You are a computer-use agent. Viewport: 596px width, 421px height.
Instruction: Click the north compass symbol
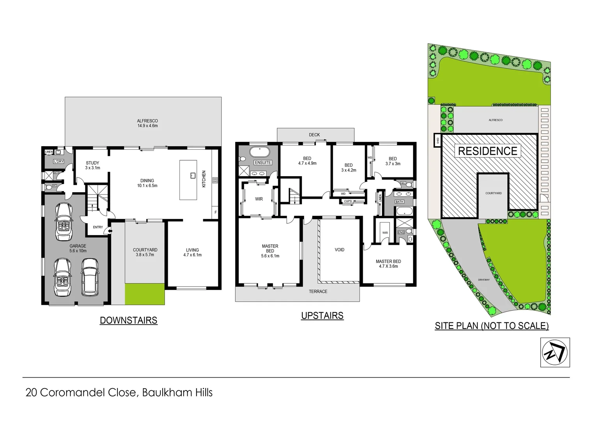click(x=555, y=352)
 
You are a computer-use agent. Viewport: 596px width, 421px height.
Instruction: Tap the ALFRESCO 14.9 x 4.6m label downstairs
click(x=147, y=123)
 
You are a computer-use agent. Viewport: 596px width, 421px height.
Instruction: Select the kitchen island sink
click(x=192, y=175)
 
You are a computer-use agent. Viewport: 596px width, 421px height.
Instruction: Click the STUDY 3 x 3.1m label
click(x=92, y=165)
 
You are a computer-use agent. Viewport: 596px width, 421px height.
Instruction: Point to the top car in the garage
click(x=64, y=222)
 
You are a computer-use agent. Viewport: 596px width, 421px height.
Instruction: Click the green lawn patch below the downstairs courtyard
click(x=144, y=294)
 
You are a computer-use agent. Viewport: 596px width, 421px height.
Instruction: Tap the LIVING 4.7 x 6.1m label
click(x=192, y=252)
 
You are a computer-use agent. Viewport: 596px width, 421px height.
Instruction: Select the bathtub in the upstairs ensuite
click(x=259, y=152)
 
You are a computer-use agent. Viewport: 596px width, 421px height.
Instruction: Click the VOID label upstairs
click(x=339, y=249)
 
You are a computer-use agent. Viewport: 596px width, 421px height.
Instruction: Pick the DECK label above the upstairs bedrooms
click(x=314, y=135)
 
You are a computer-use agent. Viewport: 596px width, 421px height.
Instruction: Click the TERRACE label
click(x=318, y=292)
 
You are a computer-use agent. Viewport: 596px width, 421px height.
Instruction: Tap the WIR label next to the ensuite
click(x=259, y=199)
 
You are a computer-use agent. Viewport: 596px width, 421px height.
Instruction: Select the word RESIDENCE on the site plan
click(x=488, y=151)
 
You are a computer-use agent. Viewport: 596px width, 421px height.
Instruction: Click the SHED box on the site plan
click(x=437, y=140)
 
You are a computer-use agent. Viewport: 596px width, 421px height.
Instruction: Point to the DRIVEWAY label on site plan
click(x=484, y=280)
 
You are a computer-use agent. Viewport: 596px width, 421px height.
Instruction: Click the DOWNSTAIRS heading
click(x=128, y=320)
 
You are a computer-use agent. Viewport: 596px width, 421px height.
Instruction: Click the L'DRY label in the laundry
click(x=59, y=161)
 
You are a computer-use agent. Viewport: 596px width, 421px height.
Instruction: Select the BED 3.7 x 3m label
click(x=393, y=161)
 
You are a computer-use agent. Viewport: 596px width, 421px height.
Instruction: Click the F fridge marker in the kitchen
click(x=216, y=212)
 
